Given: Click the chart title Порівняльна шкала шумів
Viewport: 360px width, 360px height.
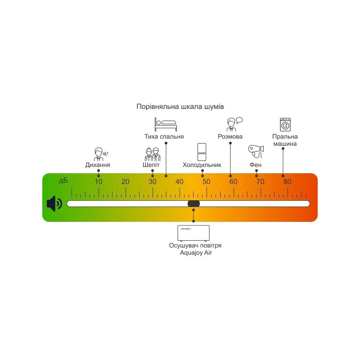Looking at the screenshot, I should (x=180, y=107).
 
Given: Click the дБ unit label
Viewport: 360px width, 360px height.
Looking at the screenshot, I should (x=63, y=181).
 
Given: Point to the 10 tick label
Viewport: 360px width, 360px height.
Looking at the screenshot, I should (x=99, y=182).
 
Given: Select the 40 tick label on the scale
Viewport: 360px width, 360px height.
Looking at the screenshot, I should (x=180, y=182).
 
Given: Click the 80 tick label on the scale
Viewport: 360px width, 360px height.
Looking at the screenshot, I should (x=287, y=182).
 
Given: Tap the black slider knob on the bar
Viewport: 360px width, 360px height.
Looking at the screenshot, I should (x=193, y=204).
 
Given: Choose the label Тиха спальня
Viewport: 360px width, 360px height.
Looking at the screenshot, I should (x=164, y=136).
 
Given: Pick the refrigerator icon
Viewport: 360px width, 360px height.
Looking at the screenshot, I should (x=202, y=152).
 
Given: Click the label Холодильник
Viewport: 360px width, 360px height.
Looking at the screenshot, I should (x=202, y=165).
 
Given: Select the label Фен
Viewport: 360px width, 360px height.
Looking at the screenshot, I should (x=256, y=165).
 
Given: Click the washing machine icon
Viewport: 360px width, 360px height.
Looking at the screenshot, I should (x=285, y=124).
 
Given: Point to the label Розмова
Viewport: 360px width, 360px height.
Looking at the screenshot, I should (x=230, y=136).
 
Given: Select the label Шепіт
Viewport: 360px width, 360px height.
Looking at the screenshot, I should (x=151, y=165).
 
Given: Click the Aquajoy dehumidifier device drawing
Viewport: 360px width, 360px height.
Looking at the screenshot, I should (x=193, y=233).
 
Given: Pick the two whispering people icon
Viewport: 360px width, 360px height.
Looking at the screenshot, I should (x=152, y=154).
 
